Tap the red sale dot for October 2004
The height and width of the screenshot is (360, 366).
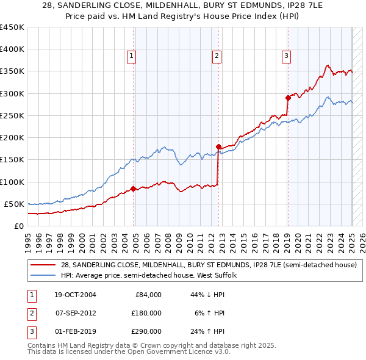point(134,189)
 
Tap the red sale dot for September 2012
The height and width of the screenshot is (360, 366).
point(218,146)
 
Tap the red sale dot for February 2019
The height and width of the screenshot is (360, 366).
point(288,98)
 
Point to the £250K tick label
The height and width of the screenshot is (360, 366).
point(12,115)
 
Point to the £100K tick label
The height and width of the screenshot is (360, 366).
point(12,182)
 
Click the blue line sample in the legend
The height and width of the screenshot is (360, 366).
point(43,275)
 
